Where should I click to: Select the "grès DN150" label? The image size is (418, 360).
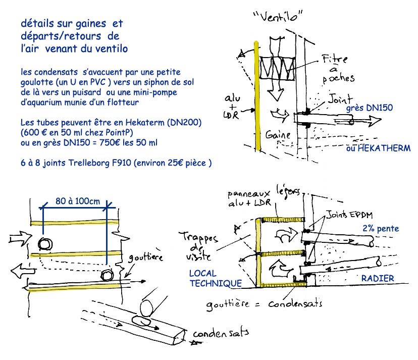tap(370, 107)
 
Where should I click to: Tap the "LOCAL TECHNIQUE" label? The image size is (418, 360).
tap(215, 279)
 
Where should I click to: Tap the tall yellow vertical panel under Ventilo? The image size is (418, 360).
tap(258, 96)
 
